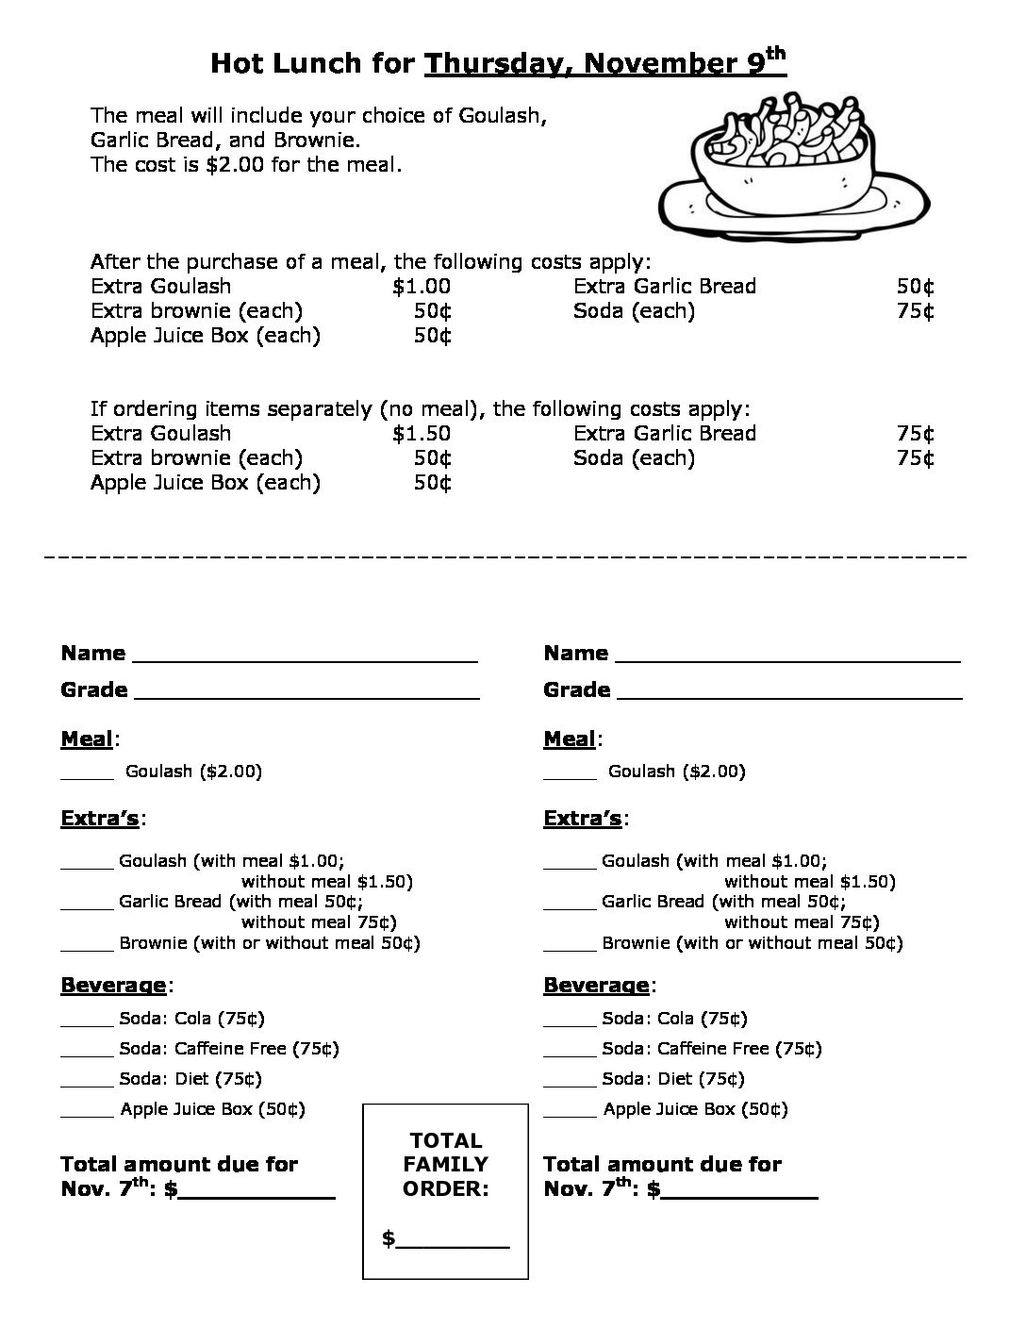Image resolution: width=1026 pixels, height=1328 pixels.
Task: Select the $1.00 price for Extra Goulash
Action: click(x=422, y=287)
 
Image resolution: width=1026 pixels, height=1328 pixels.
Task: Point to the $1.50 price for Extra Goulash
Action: click(x=422, y=434)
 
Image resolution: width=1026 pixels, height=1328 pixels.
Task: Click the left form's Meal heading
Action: click(x=87, y=739)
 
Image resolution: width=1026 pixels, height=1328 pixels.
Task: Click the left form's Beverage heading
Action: click(x=113, y=986)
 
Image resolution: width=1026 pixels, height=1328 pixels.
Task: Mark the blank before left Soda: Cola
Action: click(x=87, y=1022)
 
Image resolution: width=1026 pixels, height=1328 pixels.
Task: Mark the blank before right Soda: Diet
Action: click(x=570, y=1083)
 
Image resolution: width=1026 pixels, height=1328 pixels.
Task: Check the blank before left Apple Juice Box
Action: click(x=87, y=1113)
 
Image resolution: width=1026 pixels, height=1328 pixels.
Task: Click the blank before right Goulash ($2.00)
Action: click(x=570, y=775)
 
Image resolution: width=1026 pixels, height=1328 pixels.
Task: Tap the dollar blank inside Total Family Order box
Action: click(x=453, y=1243)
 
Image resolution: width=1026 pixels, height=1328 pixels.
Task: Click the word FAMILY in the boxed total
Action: click(x=446, y=1165)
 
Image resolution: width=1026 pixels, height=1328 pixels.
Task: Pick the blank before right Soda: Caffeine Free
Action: click(x=570, y=1053)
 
